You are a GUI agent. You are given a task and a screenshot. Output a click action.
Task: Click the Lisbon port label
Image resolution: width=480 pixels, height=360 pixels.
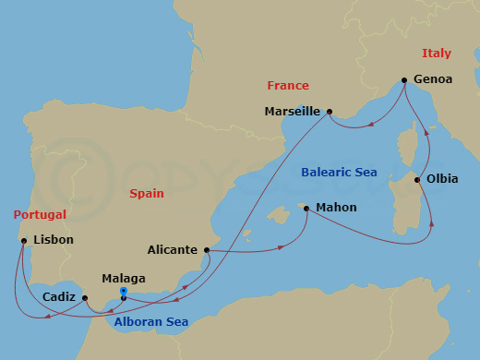click(53, 240)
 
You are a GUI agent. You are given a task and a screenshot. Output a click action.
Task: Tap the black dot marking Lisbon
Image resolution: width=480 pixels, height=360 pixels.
click(23, 241)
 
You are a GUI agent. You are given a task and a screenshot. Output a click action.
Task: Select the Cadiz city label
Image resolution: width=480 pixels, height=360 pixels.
click(59, 297)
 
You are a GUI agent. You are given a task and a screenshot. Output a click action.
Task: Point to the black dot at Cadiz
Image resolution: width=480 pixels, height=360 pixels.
click(85, 298)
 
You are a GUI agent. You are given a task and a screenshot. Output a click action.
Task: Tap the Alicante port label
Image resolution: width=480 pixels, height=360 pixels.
click(173, 249)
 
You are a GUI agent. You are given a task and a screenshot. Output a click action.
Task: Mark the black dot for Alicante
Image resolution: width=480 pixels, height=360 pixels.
click(206, 249)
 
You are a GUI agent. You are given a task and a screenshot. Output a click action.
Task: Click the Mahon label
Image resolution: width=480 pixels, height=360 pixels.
click(336, 208)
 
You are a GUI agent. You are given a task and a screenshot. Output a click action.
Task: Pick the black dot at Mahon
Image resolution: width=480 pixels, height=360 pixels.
click(306, 209)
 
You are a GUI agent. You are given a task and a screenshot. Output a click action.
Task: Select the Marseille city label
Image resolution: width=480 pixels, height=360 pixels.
click(293, 111)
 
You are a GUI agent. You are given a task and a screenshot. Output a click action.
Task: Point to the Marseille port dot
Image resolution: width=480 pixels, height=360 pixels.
click(329, 111)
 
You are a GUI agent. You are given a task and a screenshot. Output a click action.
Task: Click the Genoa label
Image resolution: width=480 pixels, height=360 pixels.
click(434, 79)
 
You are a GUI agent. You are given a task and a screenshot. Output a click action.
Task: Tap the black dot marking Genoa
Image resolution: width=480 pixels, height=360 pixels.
click(403, 79)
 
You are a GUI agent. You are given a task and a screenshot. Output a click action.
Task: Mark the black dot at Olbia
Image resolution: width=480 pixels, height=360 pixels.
click(418, 179)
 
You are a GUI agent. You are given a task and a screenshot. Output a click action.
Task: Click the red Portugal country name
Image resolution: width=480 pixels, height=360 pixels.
click(40, 214)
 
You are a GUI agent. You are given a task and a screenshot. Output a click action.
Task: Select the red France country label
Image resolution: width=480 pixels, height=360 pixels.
click(287, 86)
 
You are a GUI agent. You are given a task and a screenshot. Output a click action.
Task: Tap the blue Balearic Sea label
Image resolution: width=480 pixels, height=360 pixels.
click(340, 172)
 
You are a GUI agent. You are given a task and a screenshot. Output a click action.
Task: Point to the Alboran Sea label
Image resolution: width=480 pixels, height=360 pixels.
click(148, 322)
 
